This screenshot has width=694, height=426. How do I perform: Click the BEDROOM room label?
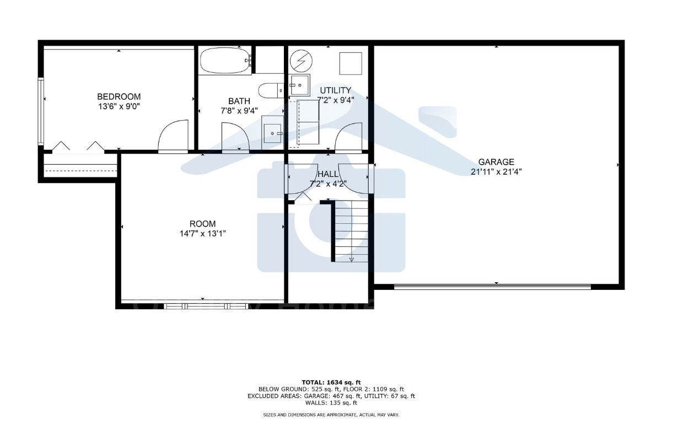[119, 96]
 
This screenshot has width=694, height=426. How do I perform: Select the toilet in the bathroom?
[270, 90]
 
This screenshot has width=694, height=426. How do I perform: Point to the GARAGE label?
[496, 162]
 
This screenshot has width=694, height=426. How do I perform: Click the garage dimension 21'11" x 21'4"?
[496, 171]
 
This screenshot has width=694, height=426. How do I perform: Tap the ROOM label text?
[202, 224]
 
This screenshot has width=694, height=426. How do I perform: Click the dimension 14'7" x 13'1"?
[202, 233]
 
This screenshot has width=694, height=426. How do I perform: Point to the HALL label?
[327, 174]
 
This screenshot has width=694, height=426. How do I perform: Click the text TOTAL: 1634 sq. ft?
[331, 382]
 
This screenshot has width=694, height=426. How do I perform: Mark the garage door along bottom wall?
[493, 287]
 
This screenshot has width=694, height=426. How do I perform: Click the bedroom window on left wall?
[40, 112]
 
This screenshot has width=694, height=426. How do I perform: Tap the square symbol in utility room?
[350, 63]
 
